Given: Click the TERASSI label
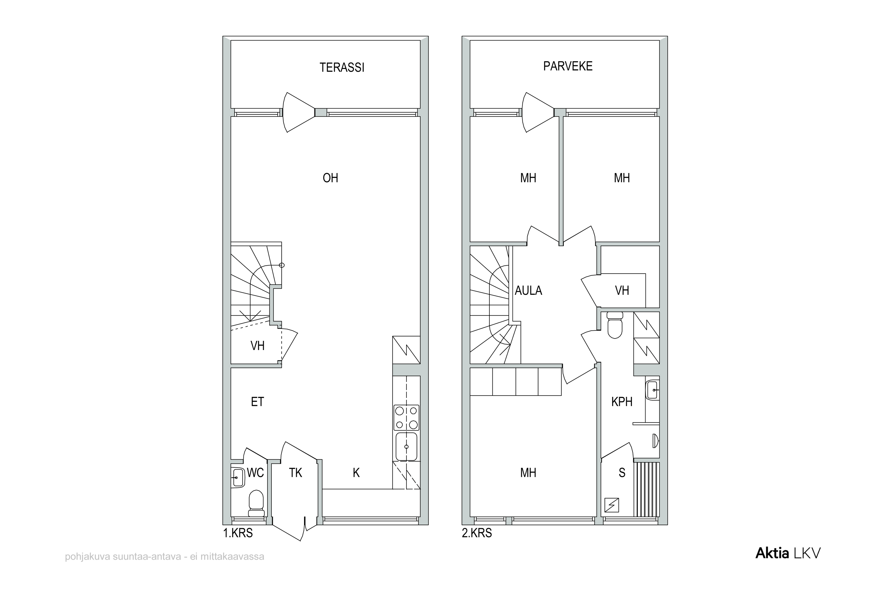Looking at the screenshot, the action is [x=342, y=67].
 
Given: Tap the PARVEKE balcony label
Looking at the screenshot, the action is [x=568, y=66].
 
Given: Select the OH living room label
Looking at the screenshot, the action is [x=330, y=178].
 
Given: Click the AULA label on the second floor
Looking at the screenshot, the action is [x=528, y=291].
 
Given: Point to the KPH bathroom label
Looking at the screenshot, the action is [x=622, y=402].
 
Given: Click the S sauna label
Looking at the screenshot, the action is [x=622, y=473].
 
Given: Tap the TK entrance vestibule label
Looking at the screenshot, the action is [x=295, y=473].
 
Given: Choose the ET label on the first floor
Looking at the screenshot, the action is [x=257, y=402].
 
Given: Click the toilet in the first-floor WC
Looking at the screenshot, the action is [x=256, y=503].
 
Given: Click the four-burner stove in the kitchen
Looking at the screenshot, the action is [x=406, y=418].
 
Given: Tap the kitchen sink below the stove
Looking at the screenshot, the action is [x=406, y=446].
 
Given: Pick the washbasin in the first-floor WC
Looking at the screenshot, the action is [x=238, y=477].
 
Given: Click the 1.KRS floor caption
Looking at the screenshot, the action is [x=238, y=533].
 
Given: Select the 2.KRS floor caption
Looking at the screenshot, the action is [x=477, y=533].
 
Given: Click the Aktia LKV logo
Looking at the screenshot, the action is [x=788, y=553].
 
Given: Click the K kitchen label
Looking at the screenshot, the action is [x=356, y=473].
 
